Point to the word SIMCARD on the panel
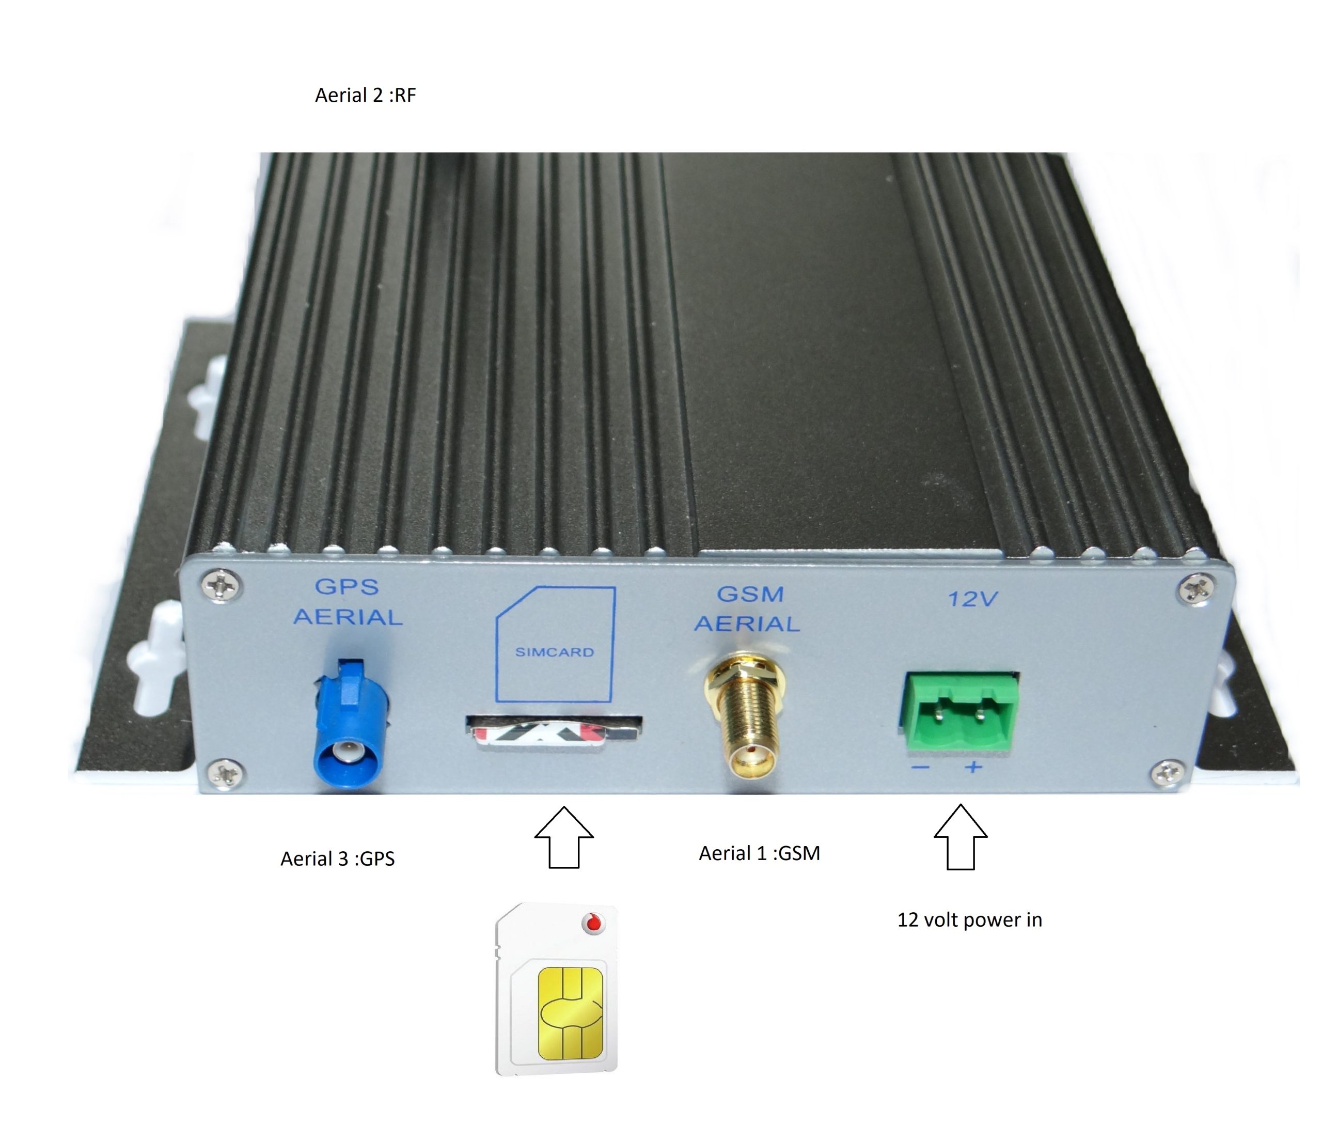point(554,652)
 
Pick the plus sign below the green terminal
point(973,767)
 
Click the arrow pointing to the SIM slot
point(564,837)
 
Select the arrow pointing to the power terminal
point(961,837)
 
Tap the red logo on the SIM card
point(594,923)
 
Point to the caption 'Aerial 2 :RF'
point(366,96)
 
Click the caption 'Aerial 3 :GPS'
point(338,859)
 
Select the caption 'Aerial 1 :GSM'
point(760,853)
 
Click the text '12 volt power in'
point(970,920)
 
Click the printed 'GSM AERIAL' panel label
point(747,609)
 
